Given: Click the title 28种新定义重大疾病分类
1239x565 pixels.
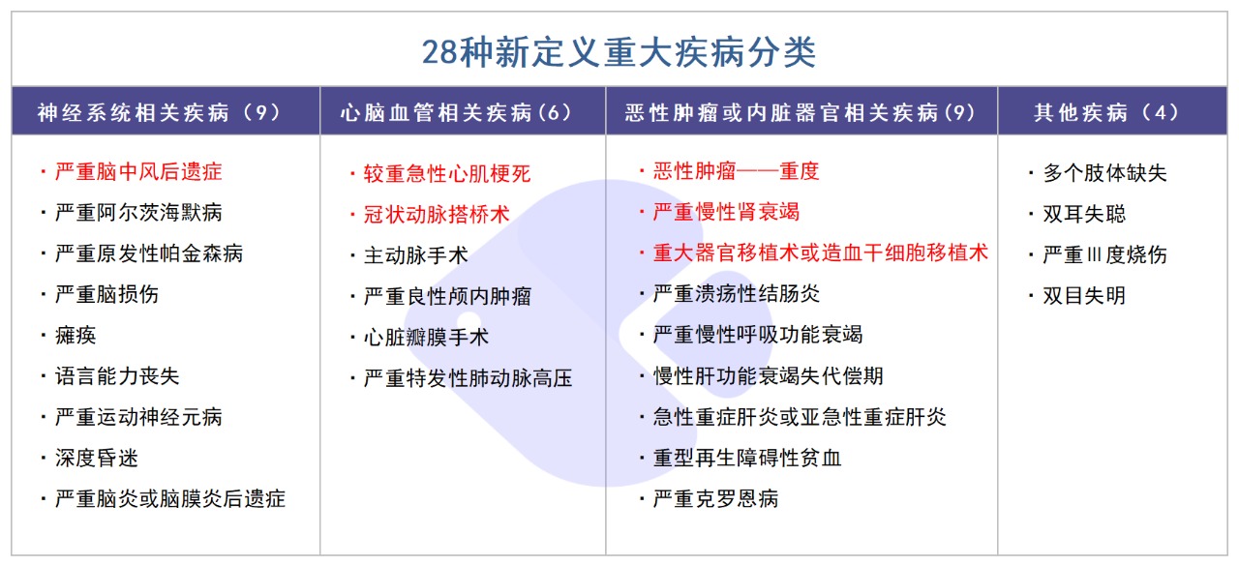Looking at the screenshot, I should point(619,51).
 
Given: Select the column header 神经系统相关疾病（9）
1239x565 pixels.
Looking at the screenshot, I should point(159,112).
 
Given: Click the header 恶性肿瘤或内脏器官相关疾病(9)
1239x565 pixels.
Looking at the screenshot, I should point(801,112).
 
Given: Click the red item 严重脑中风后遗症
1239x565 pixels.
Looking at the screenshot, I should point(138,172).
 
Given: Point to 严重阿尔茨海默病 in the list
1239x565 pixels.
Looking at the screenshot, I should point(138,213).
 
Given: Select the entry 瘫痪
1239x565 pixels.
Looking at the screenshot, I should point(76,336).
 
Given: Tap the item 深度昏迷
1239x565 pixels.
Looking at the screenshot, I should point(97,458).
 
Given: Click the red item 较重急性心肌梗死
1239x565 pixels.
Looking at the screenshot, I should point(446,174).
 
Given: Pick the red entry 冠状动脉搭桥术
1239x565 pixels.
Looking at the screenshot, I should point(436,215).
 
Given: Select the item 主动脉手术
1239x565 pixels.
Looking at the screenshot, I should point(415,255).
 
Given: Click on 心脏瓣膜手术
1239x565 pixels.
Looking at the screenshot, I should point(426,337).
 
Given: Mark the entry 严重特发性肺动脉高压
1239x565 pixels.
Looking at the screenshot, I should point(468,378).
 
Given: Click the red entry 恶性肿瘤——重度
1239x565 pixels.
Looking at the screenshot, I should point(736,172).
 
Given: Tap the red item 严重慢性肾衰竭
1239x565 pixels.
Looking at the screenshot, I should point(726,212).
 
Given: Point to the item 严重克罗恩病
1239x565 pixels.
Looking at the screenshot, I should point(715,499).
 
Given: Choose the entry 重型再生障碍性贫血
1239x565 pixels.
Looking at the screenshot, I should point(746,458).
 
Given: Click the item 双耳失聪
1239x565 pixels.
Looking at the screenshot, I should point(1084,214).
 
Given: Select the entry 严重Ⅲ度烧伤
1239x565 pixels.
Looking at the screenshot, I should point(1104,254).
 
